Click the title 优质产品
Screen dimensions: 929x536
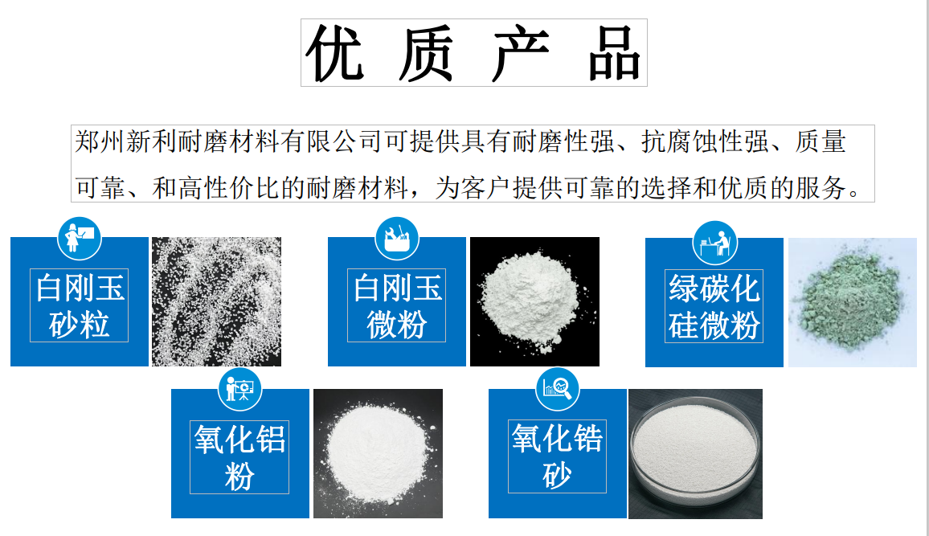tap(473, 53)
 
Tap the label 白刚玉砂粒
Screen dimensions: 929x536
tap(80, 305)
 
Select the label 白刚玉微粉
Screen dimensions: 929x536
tap(396, 305)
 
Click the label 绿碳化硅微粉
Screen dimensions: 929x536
tap(714, 306)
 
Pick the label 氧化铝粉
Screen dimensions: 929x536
tap(239, 457)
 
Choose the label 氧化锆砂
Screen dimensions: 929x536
tap(557, 456)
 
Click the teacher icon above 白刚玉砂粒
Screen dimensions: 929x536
tap(80, 238)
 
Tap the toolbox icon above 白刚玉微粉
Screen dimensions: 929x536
tap(397, 238)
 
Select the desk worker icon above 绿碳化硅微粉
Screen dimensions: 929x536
tap(714, 243)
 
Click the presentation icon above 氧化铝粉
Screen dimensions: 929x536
tap(240, 389)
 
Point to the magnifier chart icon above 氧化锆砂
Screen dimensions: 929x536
tap(557, 388)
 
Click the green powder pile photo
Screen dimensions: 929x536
tap(852, 302)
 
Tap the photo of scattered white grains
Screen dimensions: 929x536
tap(216, 301)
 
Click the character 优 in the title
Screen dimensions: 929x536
tap(335, 53)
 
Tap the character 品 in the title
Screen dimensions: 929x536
tap(615, 53)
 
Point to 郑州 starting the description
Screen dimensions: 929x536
tap(100, 142)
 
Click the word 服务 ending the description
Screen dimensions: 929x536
tap(820, 188)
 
